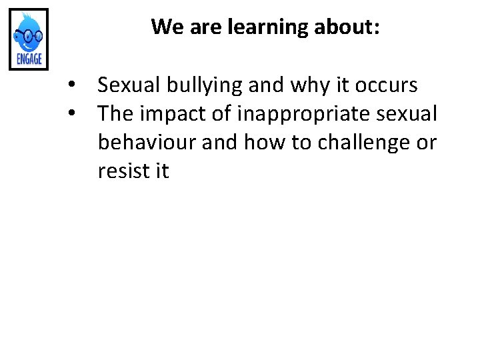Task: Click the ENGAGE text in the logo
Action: [29, 59]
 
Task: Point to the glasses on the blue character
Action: [29, 35]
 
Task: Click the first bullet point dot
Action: [80, 85]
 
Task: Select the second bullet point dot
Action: [80, 114]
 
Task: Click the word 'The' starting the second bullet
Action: [115, 114]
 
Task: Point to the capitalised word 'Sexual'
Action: [127, 85]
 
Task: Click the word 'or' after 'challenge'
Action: [425, 143]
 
